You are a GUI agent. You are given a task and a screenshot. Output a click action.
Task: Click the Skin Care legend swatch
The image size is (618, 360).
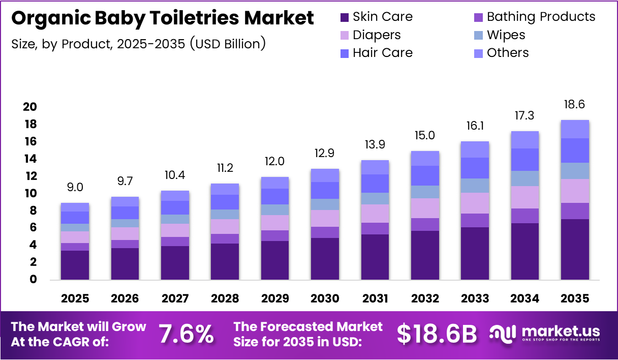point(345,17)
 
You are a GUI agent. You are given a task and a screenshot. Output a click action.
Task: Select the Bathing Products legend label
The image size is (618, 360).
point(541,17)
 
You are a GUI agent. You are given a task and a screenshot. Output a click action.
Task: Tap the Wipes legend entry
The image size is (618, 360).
point(506,35)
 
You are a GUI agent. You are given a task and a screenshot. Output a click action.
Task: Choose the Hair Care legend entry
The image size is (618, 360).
point(382,53)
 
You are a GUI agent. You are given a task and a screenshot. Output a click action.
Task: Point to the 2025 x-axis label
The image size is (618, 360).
point(75,298)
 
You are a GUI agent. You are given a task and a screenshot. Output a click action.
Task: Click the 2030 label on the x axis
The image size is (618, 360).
point(325,298)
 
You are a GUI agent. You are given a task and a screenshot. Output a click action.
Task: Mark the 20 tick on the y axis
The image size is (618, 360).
point(30,107)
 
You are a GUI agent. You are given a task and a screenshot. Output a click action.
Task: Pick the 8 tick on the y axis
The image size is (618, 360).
point(33,211)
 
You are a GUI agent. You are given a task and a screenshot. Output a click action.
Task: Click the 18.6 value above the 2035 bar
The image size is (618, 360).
point(575,105)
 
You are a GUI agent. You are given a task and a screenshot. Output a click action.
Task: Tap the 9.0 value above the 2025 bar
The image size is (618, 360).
point(75,187)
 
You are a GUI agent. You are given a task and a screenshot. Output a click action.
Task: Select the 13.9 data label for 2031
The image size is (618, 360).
point(375,144)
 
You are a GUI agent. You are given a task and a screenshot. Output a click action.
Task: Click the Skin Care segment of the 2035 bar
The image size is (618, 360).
point(575,249)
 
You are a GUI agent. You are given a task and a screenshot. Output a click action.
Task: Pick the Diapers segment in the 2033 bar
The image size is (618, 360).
point(475,203)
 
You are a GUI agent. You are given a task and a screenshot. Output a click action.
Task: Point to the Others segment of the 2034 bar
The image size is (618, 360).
point(524,140)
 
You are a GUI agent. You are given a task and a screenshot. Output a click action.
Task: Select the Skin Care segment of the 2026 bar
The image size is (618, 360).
point(125,263)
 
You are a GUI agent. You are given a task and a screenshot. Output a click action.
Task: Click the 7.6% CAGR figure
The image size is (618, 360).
point(187,334)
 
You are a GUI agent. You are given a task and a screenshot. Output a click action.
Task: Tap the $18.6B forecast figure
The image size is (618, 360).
point(437,334)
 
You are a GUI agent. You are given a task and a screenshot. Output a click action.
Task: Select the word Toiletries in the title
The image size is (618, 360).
point(189,18)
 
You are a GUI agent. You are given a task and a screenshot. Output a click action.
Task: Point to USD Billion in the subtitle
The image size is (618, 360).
point(228,44)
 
